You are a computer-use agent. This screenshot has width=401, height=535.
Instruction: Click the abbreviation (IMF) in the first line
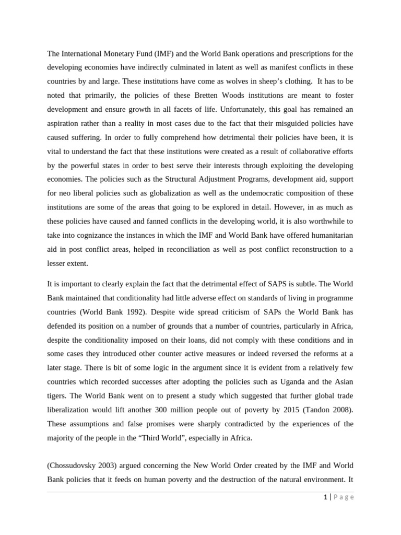(154, 54)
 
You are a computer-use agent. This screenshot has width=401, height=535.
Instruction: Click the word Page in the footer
(343, 497)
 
